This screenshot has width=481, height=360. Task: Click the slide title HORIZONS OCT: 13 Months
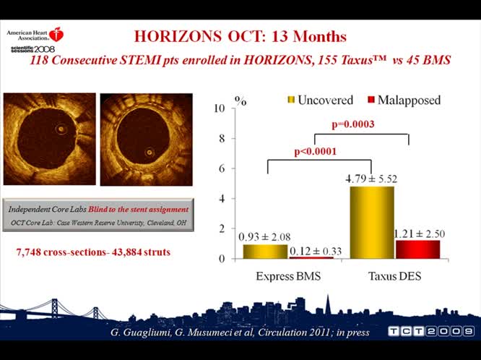pyautogui.click(x=240, y=36)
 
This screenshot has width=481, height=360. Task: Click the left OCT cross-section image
pyautogui.click(x=50, y=140)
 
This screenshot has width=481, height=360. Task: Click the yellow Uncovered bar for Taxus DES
pyautogui.click(x=372, y=222)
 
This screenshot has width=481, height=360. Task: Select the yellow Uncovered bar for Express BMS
pyautogui.click(x=265, y=251)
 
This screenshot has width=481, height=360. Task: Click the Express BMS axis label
pyautogui.click(x=289, y=276)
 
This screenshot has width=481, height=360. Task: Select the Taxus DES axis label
pyautogui.click(x=394, y=276)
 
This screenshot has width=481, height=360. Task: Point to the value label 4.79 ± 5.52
pyautogui.click(x=370, y=178)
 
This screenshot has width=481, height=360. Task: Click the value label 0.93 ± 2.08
pyautogui.click(x=265, y=236)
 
